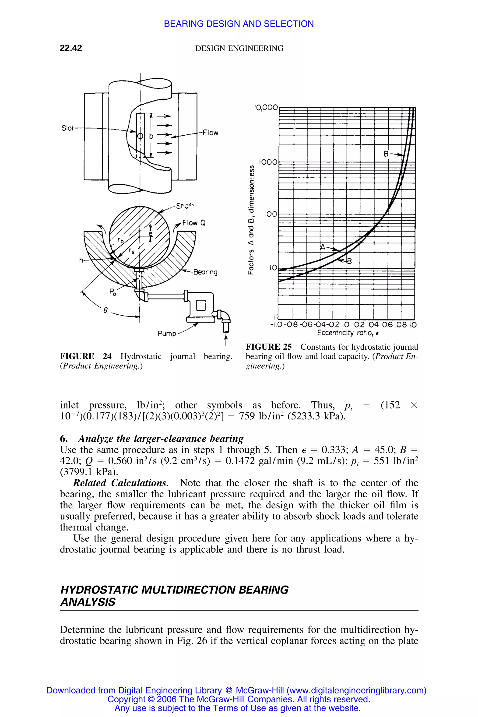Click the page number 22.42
tap(71, 48)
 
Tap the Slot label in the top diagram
tap(67, 128)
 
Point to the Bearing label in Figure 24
tap(205, 272)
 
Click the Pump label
tap(167, 334)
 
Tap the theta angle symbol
tap(106, 310)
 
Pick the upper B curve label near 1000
tap(386, 154)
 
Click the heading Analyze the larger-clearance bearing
tap(161, 439)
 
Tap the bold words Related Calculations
tap(121, 483)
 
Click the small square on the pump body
tap(201, 305)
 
